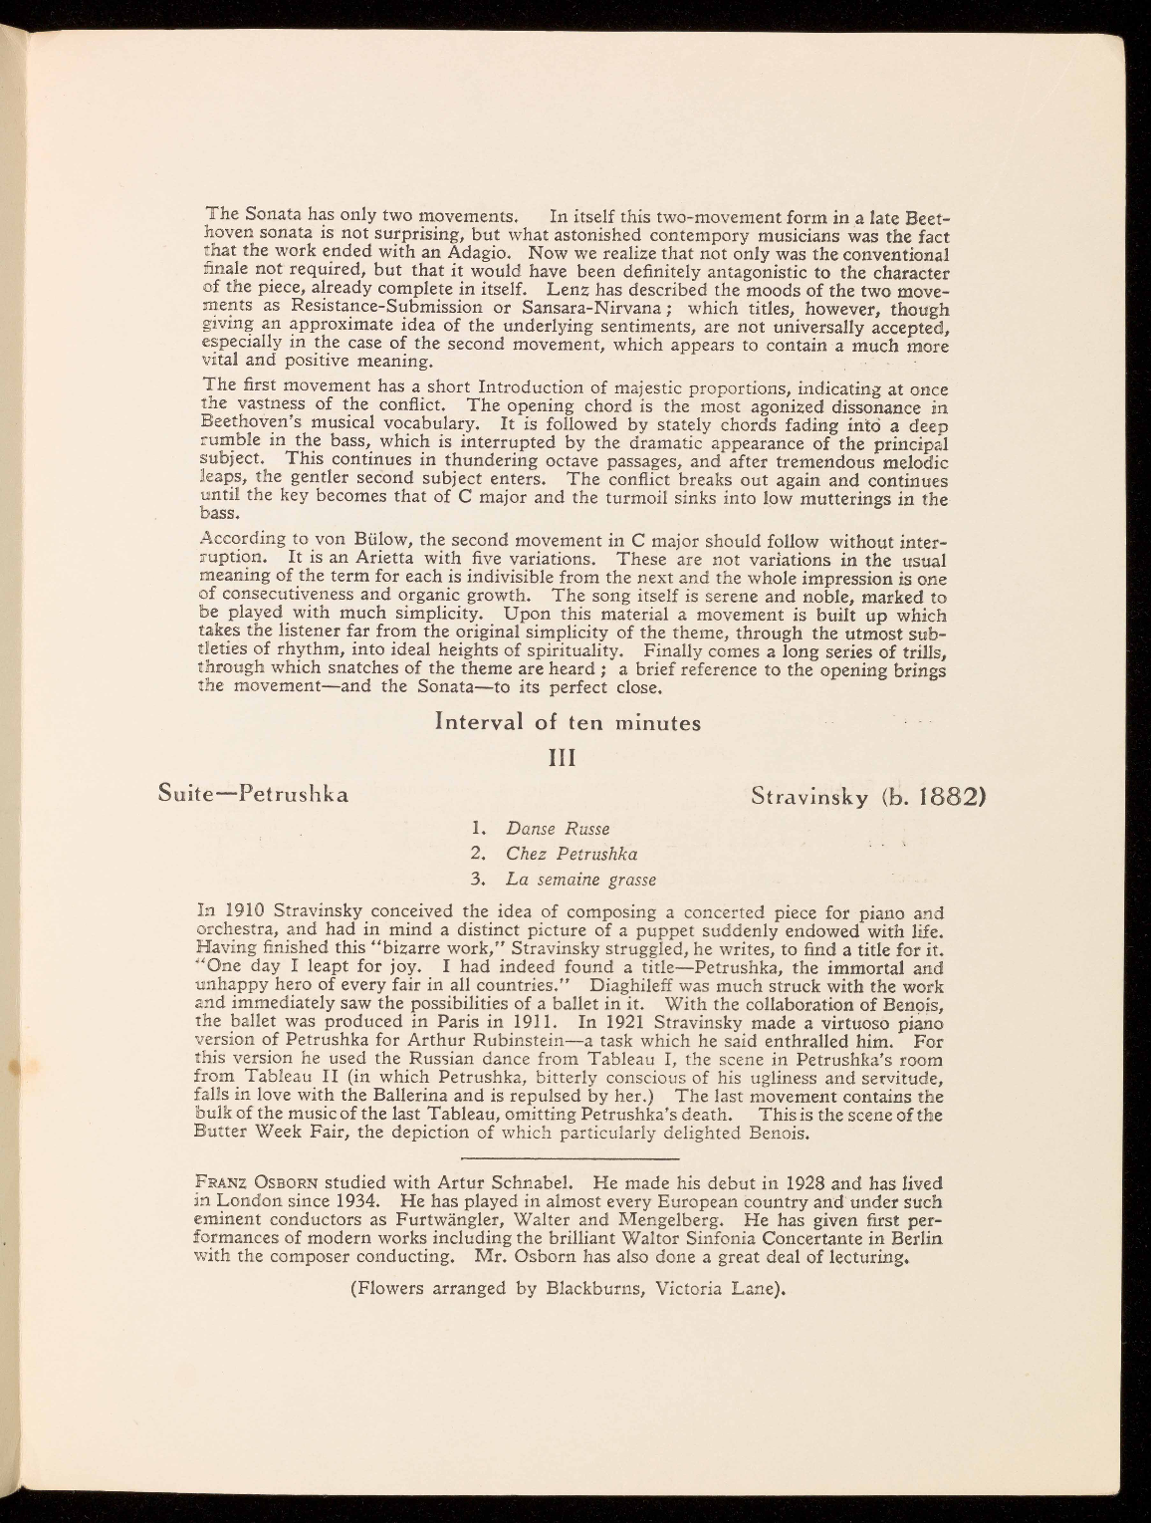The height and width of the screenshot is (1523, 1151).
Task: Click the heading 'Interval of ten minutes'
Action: (568, 723)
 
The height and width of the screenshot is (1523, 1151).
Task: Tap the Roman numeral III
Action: (566, 760)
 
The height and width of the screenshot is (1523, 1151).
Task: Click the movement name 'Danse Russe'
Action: (557, 829)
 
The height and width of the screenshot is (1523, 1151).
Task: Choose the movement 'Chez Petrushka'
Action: (572, 855)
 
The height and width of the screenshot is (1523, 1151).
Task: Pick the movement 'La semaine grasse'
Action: (580, 881)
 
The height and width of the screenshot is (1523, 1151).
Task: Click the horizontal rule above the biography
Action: (572, 1159)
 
